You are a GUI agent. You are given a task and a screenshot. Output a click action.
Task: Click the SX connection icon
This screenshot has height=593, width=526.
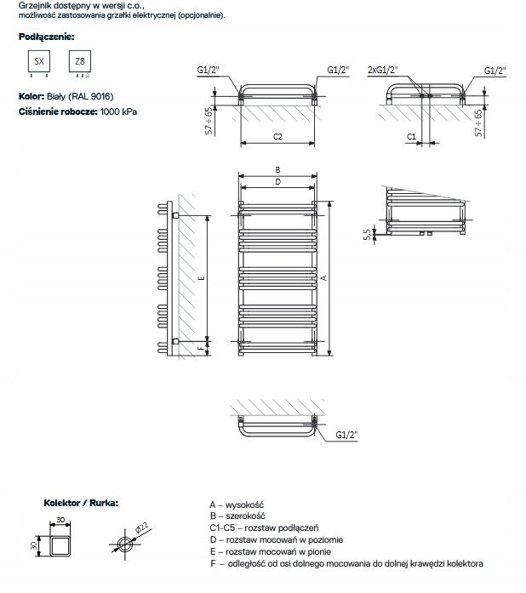click(x=39, y=62)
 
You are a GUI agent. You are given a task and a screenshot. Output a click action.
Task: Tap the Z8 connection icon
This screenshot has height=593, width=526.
click(x=80, y=62)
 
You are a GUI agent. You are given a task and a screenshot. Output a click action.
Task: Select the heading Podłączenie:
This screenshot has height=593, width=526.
click(x=46, y=37)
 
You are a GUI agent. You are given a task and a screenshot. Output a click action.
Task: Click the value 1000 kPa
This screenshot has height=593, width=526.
click(x=118, y=111)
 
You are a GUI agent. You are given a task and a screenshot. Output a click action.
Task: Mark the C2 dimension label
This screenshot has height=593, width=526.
click(x=277, y=136)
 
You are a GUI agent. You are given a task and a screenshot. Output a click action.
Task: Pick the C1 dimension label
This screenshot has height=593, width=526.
click(x=410, y=136)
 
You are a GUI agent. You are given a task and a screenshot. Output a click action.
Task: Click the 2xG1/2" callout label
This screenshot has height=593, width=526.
click(x=383, y=70)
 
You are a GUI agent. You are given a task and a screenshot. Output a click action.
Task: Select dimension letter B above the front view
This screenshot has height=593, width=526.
click(x=277, y=170)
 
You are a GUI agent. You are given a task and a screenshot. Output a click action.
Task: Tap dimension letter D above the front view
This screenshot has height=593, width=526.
click(x=277, y=181)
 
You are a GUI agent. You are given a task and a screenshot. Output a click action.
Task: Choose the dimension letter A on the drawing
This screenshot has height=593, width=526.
click(x=323, y=277)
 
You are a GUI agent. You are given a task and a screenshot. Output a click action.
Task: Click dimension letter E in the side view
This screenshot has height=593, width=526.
click(x=200, y=277)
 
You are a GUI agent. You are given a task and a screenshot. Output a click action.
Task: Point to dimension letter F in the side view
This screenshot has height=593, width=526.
click(x=200, y=347)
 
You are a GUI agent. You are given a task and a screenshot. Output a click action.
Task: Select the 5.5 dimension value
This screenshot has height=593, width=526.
click(x=366, y=233)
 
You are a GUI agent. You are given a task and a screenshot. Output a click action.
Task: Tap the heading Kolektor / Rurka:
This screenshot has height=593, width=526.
click(x=81, y=503)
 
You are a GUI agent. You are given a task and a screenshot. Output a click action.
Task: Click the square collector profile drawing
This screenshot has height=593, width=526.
click(x=60, y=545)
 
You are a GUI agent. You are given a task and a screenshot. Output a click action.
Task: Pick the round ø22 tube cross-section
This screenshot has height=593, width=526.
click(x=125, y=544)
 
